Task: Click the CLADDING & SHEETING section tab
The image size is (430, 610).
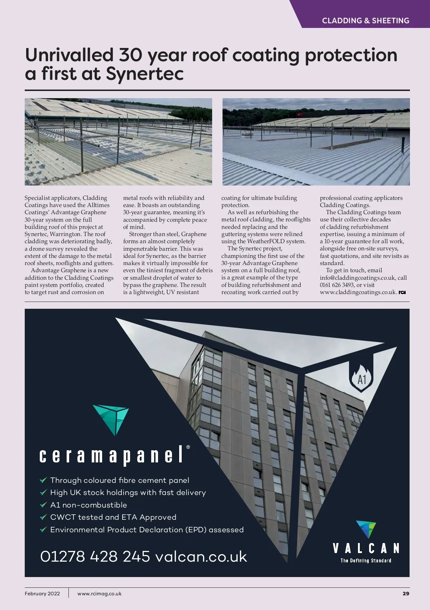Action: coord(365,20)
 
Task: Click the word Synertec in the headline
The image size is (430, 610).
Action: coord(145,74)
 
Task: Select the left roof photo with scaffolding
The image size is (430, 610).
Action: coord(118,141)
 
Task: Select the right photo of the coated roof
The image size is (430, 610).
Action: coord(316,141)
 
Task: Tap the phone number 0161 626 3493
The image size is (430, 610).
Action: coord(336,285)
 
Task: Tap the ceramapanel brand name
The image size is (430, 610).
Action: coord(111,456)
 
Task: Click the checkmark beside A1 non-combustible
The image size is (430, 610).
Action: coord(43,505)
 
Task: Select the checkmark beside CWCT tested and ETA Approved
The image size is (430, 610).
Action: coord(43,517)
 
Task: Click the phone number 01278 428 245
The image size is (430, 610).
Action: coord(95,557)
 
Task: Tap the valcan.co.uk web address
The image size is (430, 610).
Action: coord(201,557)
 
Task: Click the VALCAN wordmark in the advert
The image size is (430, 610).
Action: coord(366,548)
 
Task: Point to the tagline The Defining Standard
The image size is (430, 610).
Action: coord(366,561)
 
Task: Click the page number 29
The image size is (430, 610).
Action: coord(406,594)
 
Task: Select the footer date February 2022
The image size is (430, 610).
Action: coord(42,594)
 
